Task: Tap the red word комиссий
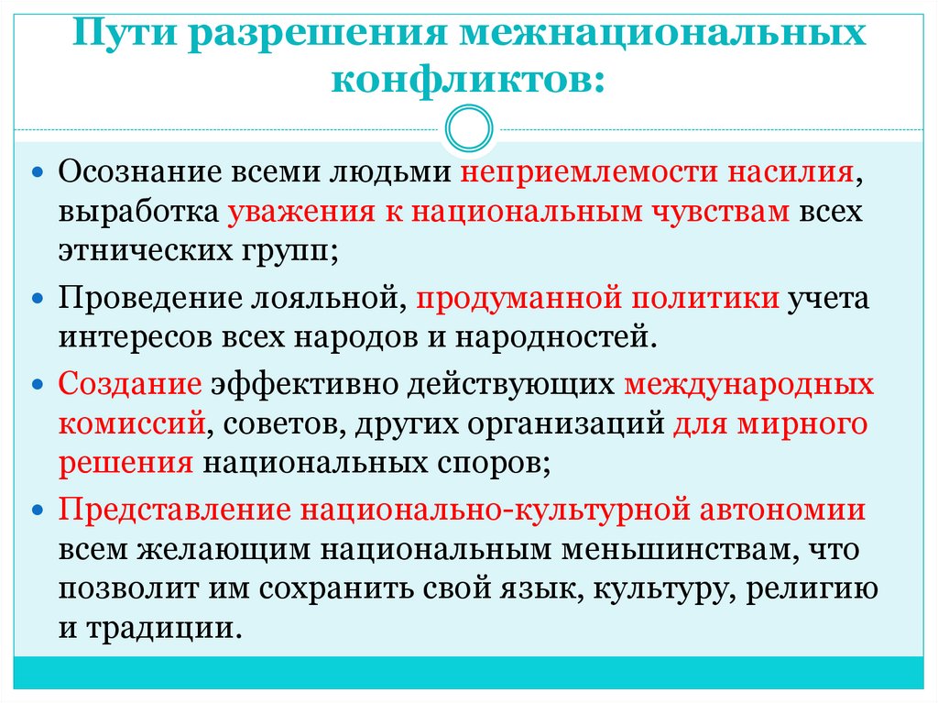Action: pyautogui.click(x=130, y=423)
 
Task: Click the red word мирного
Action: pyautogui.click(x=805, y=423)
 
